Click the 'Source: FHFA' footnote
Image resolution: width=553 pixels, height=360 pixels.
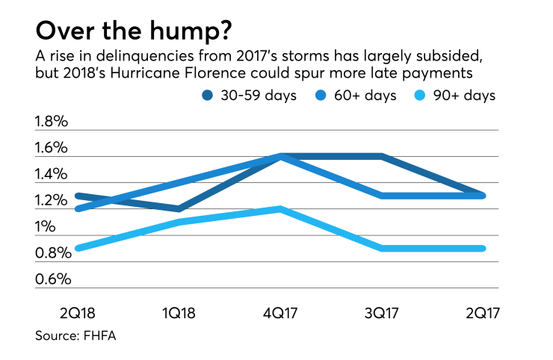click(x=75, y=336)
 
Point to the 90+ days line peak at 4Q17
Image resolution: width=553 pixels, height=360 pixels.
click(x=280, y=209)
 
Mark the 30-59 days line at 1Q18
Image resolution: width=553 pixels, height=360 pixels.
click(x=179, y=209)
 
